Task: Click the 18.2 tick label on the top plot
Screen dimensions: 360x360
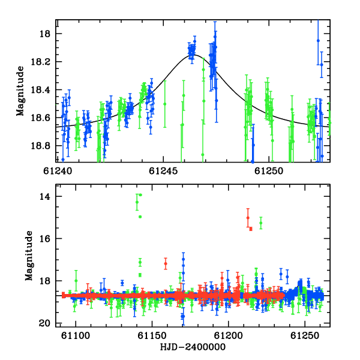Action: (40, 62)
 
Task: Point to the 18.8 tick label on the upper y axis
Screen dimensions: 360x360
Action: (40, 146)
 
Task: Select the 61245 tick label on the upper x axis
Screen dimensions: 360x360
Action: (163, 171)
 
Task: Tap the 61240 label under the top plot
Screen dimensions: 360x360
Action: (58, 171)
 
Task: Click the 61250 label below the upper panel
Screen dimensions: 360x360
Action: (269, 171)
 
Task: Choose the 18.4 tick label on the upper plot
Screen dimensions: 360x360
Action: (40, 90)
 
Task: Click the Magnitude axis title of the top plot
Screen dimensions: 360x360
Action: (20, 91)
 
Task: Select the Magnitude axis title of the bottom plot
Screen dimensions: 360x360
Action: (29, 256)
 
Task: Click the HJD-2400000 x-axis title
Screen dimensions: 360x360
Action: (193, 347)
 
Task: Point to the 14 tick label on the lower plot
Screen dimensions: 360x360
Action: (44, 197)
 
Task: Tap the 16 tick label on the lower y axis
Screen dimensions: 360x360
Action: (44, 239)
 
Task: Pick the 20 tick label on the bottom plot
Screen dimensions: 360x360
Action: (44, 323)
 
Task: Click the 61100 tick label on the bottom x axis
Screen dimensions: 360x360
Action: (76, 335)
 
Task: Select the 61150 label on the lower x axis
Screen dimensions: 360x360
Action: (152, 335)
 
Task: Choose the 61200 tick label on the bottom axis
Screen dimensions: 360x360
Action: (229, 335)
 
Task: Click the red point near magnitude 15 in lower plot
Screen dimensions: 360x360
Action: (248, 218)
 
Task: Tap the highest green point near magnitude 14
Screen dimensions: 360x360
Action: (140, 195)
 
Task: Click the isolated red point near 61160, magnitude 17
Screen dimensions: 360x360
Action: (166, 263)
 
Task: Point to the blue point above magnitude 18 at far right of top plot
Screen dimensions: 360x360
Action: (318, 41)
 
